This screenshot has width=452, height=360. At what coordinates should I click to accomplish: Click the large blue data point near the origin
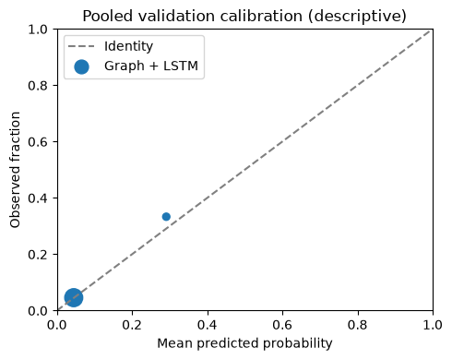pyautogui.click(x=74, y=297)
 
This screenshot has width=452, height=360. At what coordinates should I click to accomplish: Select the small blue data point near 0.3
pyautogui.click(x=166, y=217)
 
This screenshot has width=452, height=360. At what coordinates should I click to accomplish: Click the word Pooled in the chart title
pyautogui.click(x=108, y=16)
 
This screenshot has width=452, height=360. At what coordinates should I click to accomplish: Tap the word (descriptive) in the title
pyautogui.click(x=357, y=17)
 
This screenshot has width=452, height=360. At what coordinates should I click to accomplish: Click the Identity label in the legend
pyautogui.click(x=128, y=46)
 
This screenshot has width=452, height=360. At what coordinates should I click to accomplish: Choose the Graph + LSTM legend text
pyautogui.click(x=151, y=66)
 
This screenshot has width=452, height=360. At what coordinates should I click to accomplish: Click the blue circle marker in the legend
pyautogui.click(x=81, y=66)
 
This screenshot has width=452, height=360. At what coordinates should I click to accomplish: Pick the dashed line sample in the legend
pyautogui.click(x=81, y=47)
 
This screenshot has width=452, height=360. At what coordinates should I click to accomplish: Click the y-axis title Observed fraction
pyautogui.click(x=15, y=170)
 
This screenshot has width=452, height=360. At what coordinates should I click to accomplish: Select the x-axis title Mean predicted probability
pyautogui.click(x=244, y=343)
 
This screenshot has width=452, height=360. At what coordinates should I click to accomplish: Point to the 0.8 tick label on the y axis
pyautogui.click(x=38, y=86)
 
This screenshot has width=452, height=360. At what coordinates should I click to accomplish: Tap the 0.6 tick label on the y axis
pyautogui.click(x=38, y=142)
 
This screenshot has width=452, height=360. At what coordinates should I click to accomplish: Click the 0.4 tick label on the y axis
pyautogui.click(x=38, y=198)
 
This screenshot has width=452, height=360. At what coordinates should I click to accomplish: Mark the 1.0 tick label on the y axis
pyautogui.click(x=38, y=30)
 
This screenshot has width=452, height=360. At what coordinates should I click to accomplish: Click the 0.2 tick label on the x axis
pyautogui.click(x=132, y=325)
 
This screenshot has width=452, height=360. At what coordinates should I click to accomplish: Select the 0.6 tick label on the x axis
pyautogui.click(x=282, y=325)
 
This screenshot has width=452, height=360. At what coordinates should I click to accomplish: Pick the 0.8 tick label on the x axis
pyautogui.click(x=358, y=325)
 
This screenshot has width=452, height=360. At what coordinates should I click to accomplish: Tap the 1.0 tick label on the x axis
pyautogui.click(x=433, y=325)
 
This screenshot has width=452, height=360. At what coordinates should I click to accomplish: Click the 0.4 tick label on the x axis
pyautogui.click(x=208, y=325)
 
